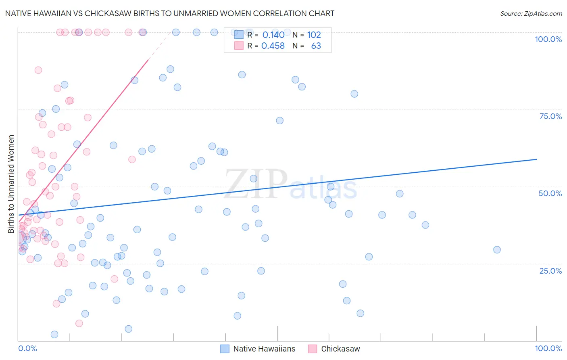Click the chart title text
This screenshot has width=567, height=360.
pos(169,13)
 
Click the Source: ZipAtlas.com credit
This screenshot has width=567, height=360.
pos(531,13)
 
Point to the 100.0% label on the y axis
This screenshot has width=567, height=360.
pos(548,39)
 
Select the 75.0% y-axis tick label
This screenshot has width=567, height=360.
pos(550,116)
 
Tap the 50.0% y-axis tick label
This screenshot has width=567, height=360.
pos(550,193)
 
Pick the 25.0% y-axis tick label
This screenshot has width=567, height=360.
pos(550,271)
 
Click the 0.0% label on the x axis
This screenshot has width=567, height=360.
pos(27,348)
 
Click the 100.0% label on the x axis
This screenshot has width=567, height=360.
pos(548,348)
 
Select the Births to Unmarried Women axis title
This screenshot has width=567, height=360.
pos(11,184)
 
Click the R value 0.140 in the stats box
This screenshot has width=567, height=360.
pos(273,35)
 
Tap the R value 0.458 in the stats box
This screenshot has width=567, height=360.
pos(273,46)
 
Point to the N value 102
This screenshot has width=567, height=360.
pos(314,35)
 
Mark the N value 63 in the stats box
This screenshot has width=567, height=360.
pos(316,46)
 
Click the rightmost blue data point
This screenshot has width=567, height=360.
pos(497,250)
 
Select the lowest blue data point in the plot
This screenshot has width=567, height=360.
pos(54,335)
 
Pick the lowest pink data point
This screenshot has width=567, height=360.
pos(79,323)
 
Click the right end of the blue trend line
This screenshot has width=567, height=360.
pos(536,159)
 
